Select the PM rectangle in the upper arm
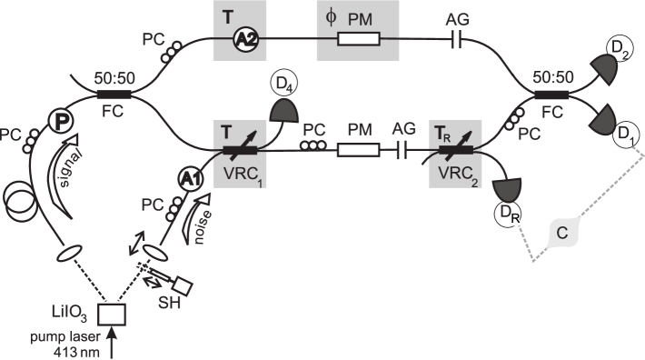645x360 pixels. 364,40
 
